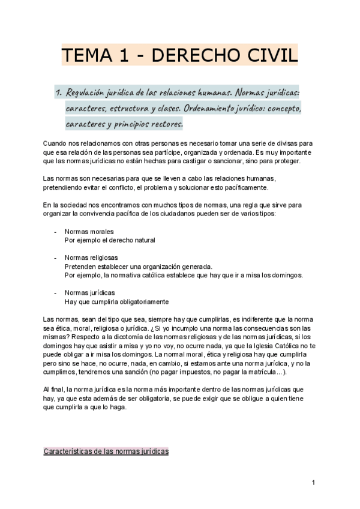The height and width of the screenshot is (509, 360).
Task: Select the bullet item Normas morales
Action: click(x=89, y=232)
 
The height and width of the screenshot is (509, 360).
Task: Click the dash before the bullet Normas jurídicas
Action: click(x=55, y=292)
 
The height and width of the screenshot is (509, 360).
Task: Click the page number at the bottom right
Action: click(x=313, y=482)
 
